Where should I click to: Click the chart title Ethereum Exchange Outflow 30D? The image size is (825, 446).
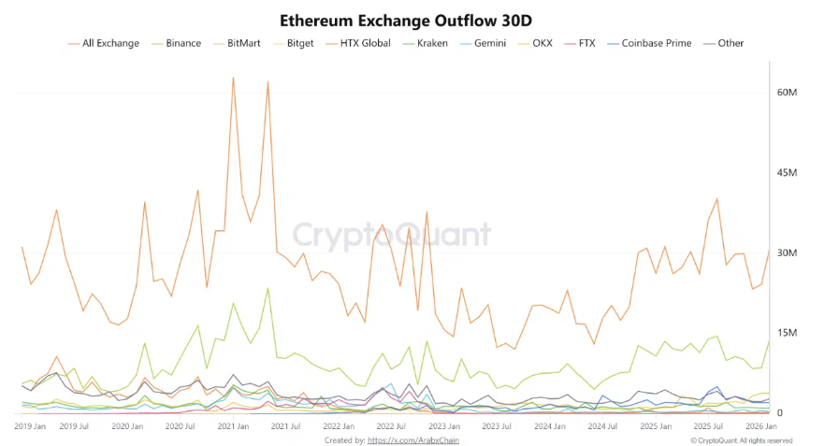point(412,20)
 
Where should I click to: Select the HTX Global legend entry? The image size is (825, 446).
point(361,43)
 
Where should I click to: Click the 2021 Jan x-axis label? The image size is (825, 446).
point(233,425)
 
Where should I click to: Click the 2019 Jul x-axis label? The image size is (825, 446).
point(73,425)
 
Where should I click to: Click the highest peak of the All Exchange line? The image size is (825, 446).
point(233,78)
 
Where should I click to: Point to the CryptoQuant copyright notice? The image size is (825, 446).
point(742,439)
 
